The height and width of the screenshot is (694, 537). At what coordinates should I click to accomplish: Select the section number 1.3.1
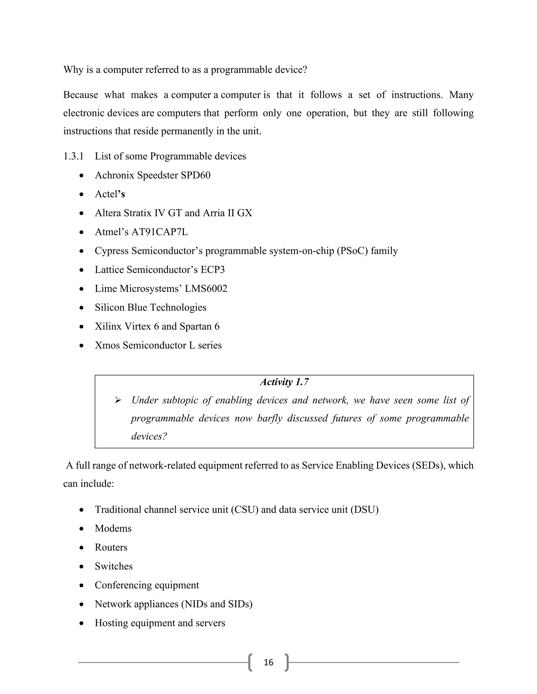click(73, 156)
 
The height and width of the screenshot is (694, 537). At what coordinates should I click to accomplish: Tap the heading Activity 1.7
click(284, 382)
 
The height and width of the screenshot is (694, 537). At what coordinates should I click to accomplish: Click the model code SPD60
click(195, 175)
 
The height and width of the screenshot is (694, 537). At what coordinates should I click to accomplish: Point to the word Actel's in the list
click(110, 194)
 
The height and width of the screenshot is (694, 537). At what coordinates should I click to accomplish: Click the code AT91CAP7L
click(159, 232)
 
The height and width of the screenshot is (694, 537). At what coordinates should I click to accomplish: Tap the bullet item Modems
click(113, 528)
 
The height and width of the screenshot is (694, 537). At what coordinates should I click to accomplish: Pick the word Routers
click(111, 548)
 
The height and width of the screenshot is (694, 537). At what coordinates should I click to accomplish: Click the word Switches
click(114, 566)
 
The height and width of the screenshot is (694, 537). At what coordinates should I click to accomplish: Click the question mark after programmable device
click(305, 70)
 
